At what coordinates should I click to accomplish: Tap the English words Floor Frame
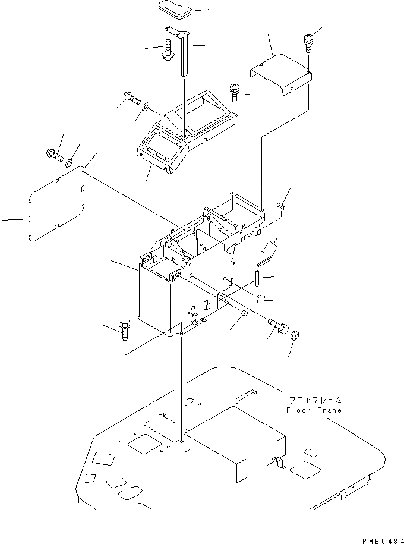pos(314,410)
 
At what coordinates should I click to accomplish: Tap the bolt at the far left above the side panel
pos(54,155)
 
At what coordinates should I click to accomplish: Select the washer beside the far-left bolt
pos(70,161)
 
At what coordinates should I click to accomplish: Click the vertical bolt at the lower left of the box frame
pos(125,328)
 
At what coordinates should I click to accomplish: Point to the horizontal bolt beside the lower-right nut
pos(277,325)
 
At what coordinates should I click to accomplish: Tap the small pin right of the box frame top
pos(281,206)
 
